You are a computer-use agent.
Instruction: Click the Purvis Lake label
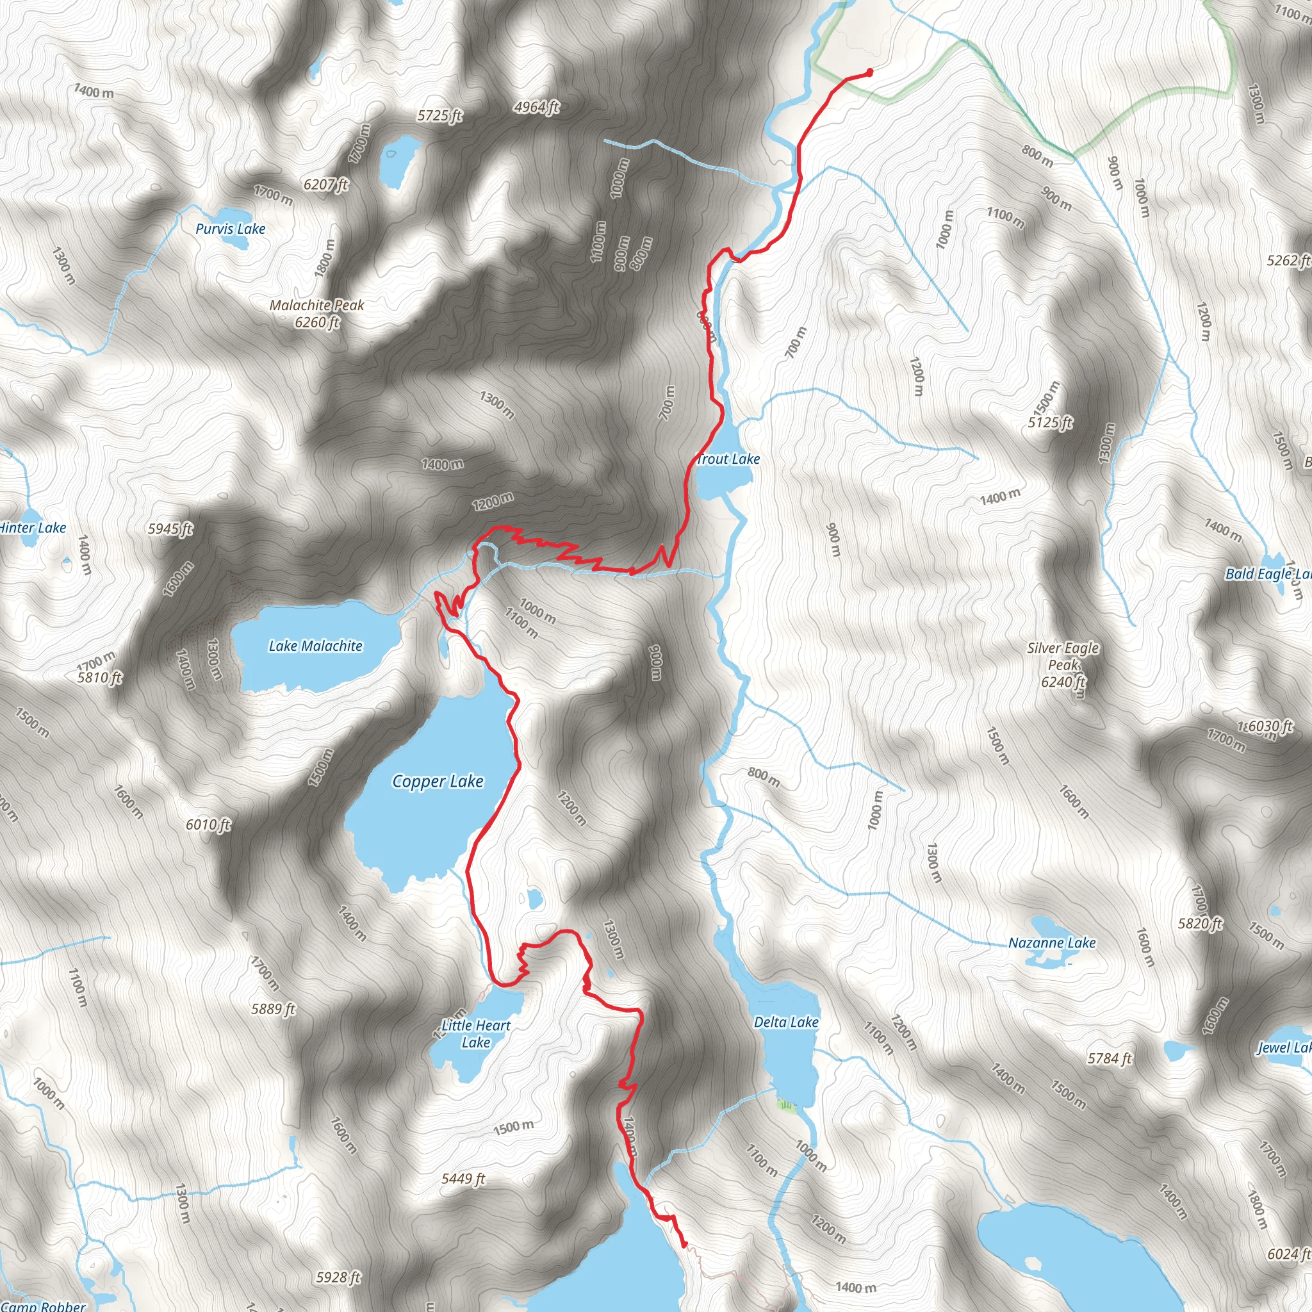[x=230, y=229]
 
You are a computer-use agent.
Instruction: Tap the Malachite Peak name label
[x=316, y=306]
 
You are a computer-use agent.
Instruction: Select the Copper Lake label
[x=438, y=781]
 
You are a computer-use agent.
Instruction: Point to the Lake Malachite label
[x=315, y=646]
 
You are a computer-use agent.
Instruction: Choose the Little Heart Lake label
[x=475, y=1033]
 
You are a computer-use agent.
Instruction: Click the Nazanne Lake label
[x=1051, y=942]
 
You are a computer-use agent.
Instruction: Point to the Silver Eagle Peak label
[x=1063, y=656]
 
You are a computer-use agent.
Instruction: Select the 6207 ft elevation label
[x=326, y=184]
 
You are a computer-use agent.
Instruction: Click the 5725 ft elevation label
[x=439, y=116]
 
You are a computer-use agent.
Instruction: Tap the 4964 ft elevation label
[x=536, y=107]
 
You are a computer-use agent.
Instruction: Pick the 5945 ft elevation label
[x=170, y=529]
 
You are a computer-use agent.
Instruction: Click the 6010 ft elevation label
[x=208, y=824]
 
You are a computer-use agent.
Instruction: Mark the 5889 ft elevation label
[x=274, y=1009]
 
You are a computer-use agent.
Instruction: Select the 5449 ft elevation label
[x=463, y=1179]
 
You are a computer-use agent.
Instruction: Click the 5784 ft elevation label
[x=1110, y=1058]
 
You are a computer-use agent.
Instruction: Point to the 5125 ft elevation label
[x=1050, y=422]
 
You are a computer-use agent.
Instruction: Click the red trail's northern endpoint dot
[x=870, y=72]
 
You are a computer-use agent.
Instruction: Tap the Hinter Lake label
[x=33, y=528]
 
